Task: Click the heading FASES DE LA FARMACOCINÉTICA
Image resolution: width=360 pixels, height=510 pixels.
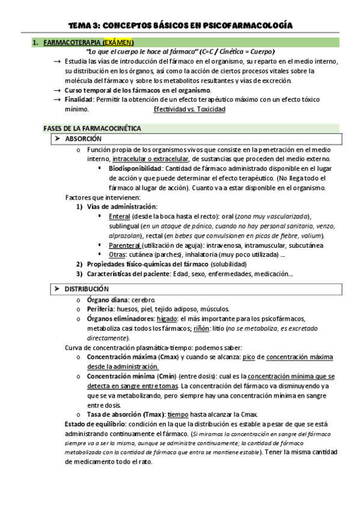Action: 92,129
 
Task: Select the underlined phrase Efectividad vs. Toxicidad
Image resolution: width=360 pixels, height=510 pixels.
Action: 189,110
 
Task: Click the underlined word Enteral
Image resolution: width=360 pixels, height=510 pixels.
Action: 119,216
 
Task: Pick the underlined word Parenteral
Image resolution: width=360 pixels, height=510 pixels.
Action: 124,245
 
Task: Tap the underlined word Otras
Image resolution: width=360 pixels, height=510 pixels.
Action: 118,255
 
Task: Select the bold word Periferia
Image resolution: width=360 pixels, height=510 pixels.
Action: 102,309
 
